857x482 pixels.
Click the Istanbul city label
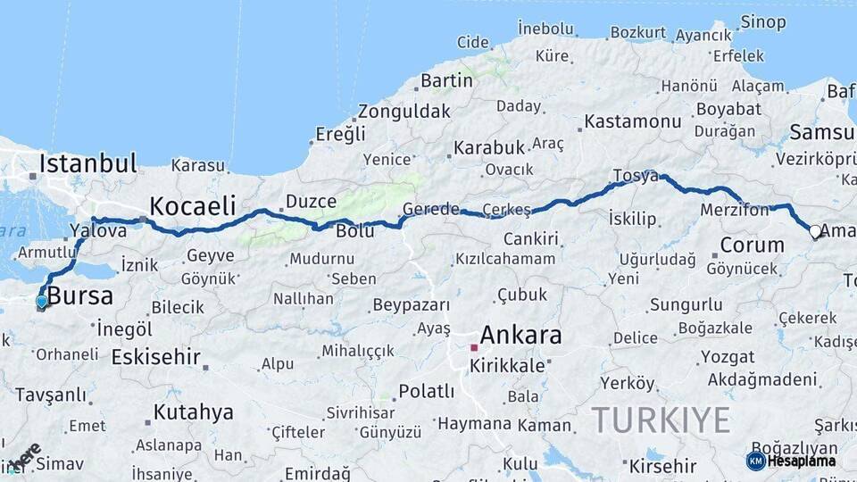click(87, 164)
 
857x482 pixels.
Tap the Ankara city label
click(520, 336)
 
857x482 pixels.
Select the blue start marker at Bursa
click(41, 302)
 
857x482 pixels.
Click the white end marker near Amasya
click(815, 232)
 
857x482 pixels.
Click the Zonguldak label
click(404, 112)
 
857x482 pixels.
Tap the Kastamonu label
click(633, 121)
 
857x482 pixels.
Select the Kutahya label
click(193, 412)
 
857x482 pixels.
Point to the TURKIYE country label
click(661, 420)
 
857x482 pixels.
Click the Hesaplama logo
click(793, 461)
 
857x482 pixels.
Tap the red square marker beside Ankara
click(474, 347)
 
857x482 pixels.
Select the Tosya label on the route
click(636, 175)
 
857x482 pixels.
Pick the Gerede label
click(431, 209)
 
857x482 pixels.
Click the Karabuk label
click(488, 147)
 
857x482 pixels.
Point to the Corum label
click(752, 245)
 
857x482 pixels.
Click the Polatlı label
click(426, 391)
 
